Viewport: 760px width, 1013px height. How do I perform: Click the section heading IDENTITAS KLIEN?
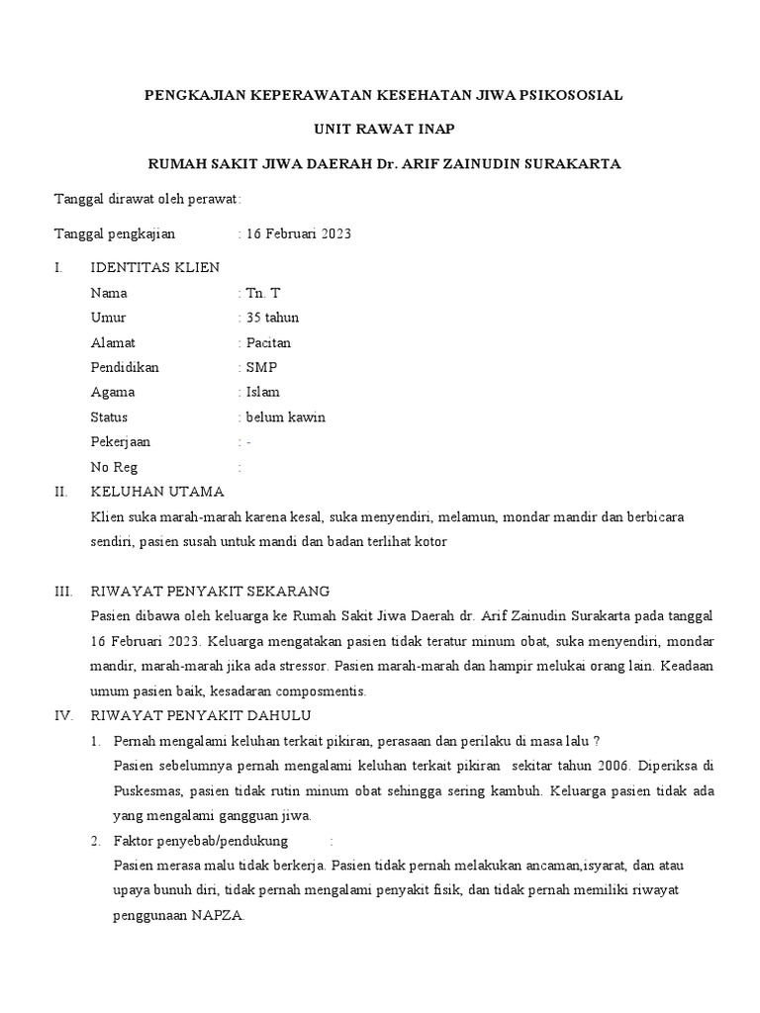tap(155, 268)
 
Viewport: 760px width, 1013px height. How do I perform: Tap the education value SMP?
tap(262, 367)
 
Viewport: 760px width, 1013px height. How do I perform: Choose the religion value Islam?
tap(262, 392)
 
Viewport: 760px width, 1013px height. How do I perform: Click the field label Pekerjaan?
tap(121, 442)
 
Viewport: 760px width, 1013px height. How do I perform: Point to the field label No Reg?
tap(115, 467)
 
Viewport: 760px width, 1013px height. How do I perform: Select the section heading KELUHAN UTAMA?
tap(157, 492)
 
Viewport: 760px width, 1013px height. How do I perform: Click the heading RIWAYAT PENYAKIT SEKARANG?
tap(210, 592)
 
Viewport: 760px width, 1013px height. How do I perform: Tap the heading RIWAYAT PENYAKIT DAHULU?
tap(202, 715)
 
